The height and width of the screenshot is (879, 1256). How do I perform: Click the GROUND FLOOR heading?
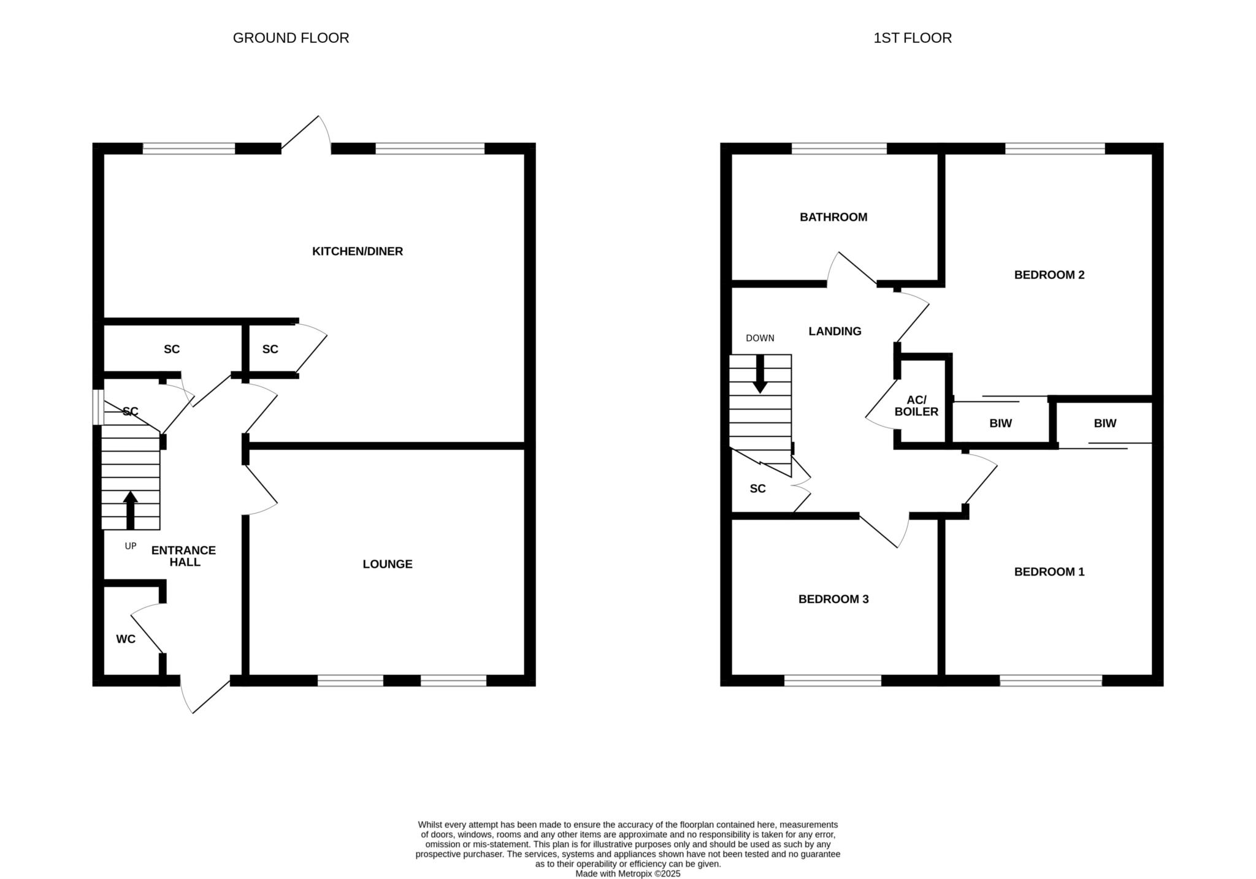291,38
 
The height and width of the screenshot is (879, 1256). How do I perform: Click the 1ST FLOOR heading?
913,38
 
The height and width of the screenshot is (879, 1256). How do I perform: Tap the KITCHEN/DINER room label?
358,251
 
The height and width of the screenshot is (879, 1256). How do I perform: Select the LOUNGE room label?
388,564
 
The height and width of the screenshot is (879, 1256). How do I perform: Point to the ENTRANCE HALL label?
184,556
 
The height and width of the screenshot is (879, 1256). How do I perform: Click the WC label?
126,639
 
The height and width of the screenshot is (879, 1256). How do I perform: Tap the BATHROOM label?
833,217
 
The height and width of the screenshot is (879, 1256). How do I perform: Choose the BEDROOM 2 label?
1049,275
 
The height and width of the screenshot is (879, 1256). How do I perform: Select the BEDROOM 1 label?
1049,572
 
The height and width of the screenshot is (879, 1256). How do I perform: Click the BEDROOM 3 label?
833,599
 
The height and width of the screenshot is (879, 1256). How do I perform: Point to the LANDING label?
835,332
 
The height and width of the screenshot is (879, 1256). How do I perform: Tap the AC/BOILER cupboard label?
916,406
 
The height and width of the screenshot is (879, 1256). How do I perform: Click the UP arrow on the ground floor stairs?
130,510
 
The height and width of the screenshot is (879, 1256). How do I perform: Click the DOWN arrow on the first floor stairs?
760,374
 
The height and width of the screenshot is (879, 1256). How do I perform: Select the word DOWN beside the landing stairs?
760,338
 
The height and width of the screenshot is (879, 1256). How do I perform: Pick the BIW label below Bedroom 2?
1001,424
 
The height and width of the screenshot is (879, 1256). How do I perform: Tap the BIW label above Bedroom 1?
1105,424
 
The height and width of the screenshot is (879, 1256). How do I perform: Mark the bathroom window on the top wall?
839,148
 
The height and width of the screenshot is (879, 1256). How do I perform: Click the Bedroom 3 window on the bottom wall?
833,680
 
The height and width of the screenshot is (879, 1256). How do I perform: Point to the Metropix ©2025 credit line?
628,874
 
